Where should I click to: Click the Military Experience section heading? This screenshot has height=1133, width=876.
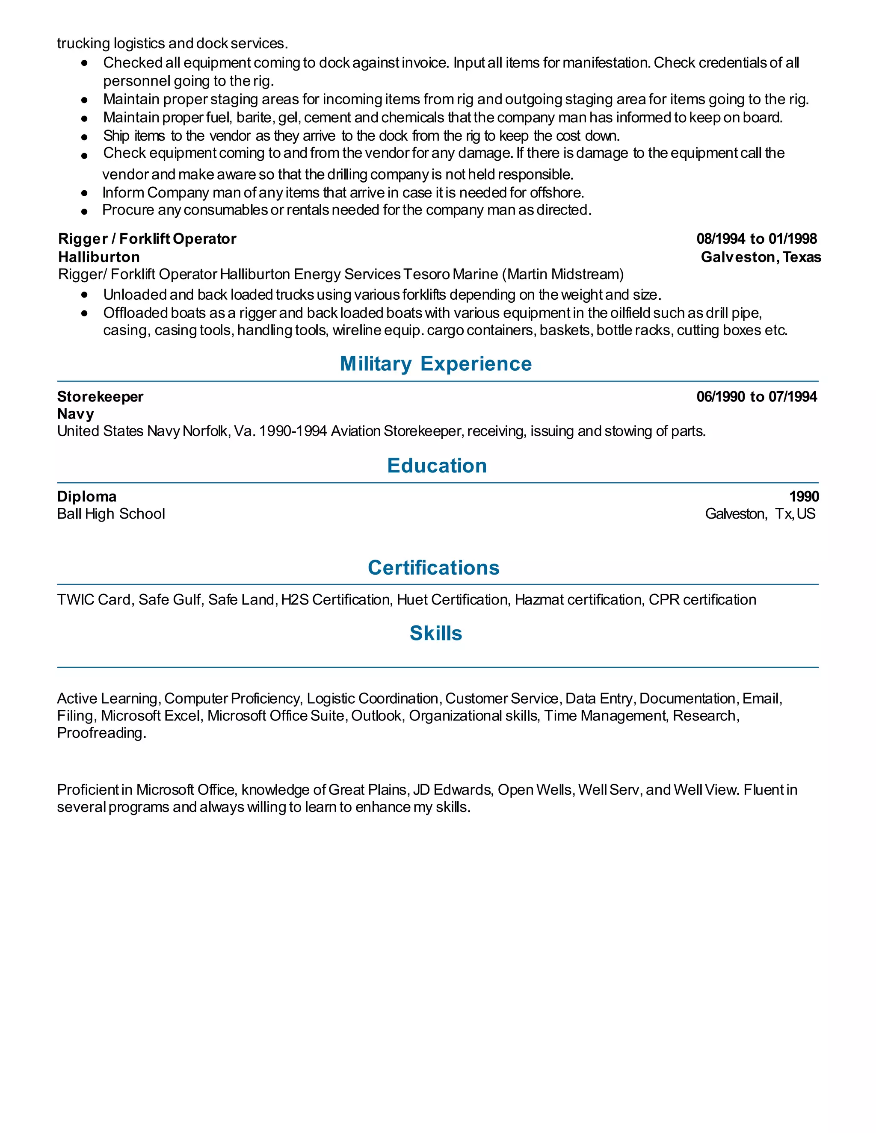click(x=435, y=364)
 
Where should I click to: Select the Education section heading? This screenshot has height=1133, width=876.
click(x=437, y=466)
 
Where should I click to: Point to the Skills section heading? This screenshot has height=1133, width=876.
click(x=435, y=634)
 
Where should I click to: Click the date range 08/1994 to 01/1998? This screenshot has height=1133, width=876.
click(x=756, y=239)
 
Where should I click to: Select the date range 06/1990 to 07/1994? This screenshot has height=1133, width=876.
click(x=756, y=397)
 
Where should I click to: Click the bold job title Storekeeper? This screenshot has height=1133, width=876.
click(x=100, y=397)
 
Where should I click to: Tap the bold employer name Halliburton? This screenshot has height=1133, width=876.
click(x=99, y=257)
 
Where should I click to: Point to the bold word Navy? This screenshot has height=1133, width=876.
click(x=76, y=414)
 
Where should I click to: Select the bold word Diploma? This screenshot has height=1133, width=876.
click(x=87, y=497)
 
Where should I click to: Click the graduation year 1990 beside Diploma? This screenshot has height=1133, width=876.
click(x=804, y=497)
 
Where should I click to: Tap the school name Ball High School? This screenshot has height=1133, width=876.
click(x=111, y=514)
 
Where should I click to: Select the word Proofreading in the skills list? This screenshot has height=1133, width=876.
click(x=101, y=733)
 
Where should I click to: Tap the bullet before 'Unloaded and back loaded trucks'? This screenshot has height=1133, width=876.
click(x=85, y=295)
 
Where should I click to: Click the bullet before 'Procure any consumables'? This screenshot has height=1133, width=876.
click(x=85, y=211)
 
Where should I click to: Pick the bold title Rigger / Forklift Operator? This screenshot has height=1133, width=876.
click(x=148, y=239)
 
